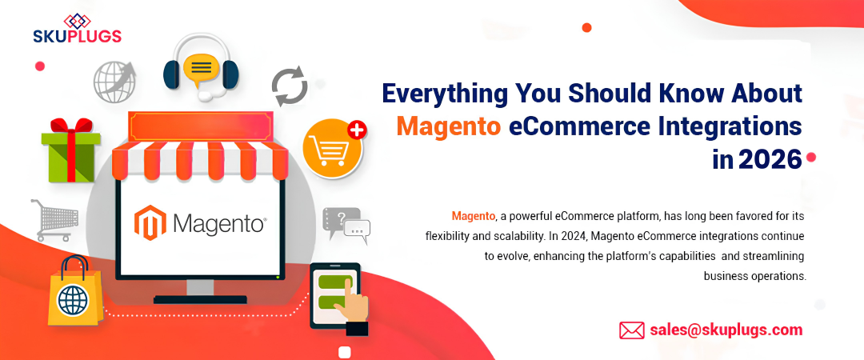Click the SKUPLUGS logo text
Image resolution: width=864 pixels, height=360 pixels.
pyautogui.click(x=77, y=36)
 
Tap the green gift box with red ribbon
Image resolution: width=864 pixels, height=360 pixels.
pyautogui.click(x=70, y=151)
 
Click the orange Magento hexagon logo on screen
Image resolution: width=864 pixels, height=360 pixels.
pyautogui.click(x=150, y=222)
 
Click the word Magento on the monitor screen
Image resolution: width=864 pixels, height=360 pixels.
pyautogui.click(x=218, y=222)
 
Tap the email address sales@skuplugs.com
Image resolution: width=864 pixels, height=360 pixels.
pyautogui.click(x=726, y=330)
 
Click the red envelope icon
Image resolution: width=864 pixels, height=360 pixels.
pyautogui.click(x=632, y=330)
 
